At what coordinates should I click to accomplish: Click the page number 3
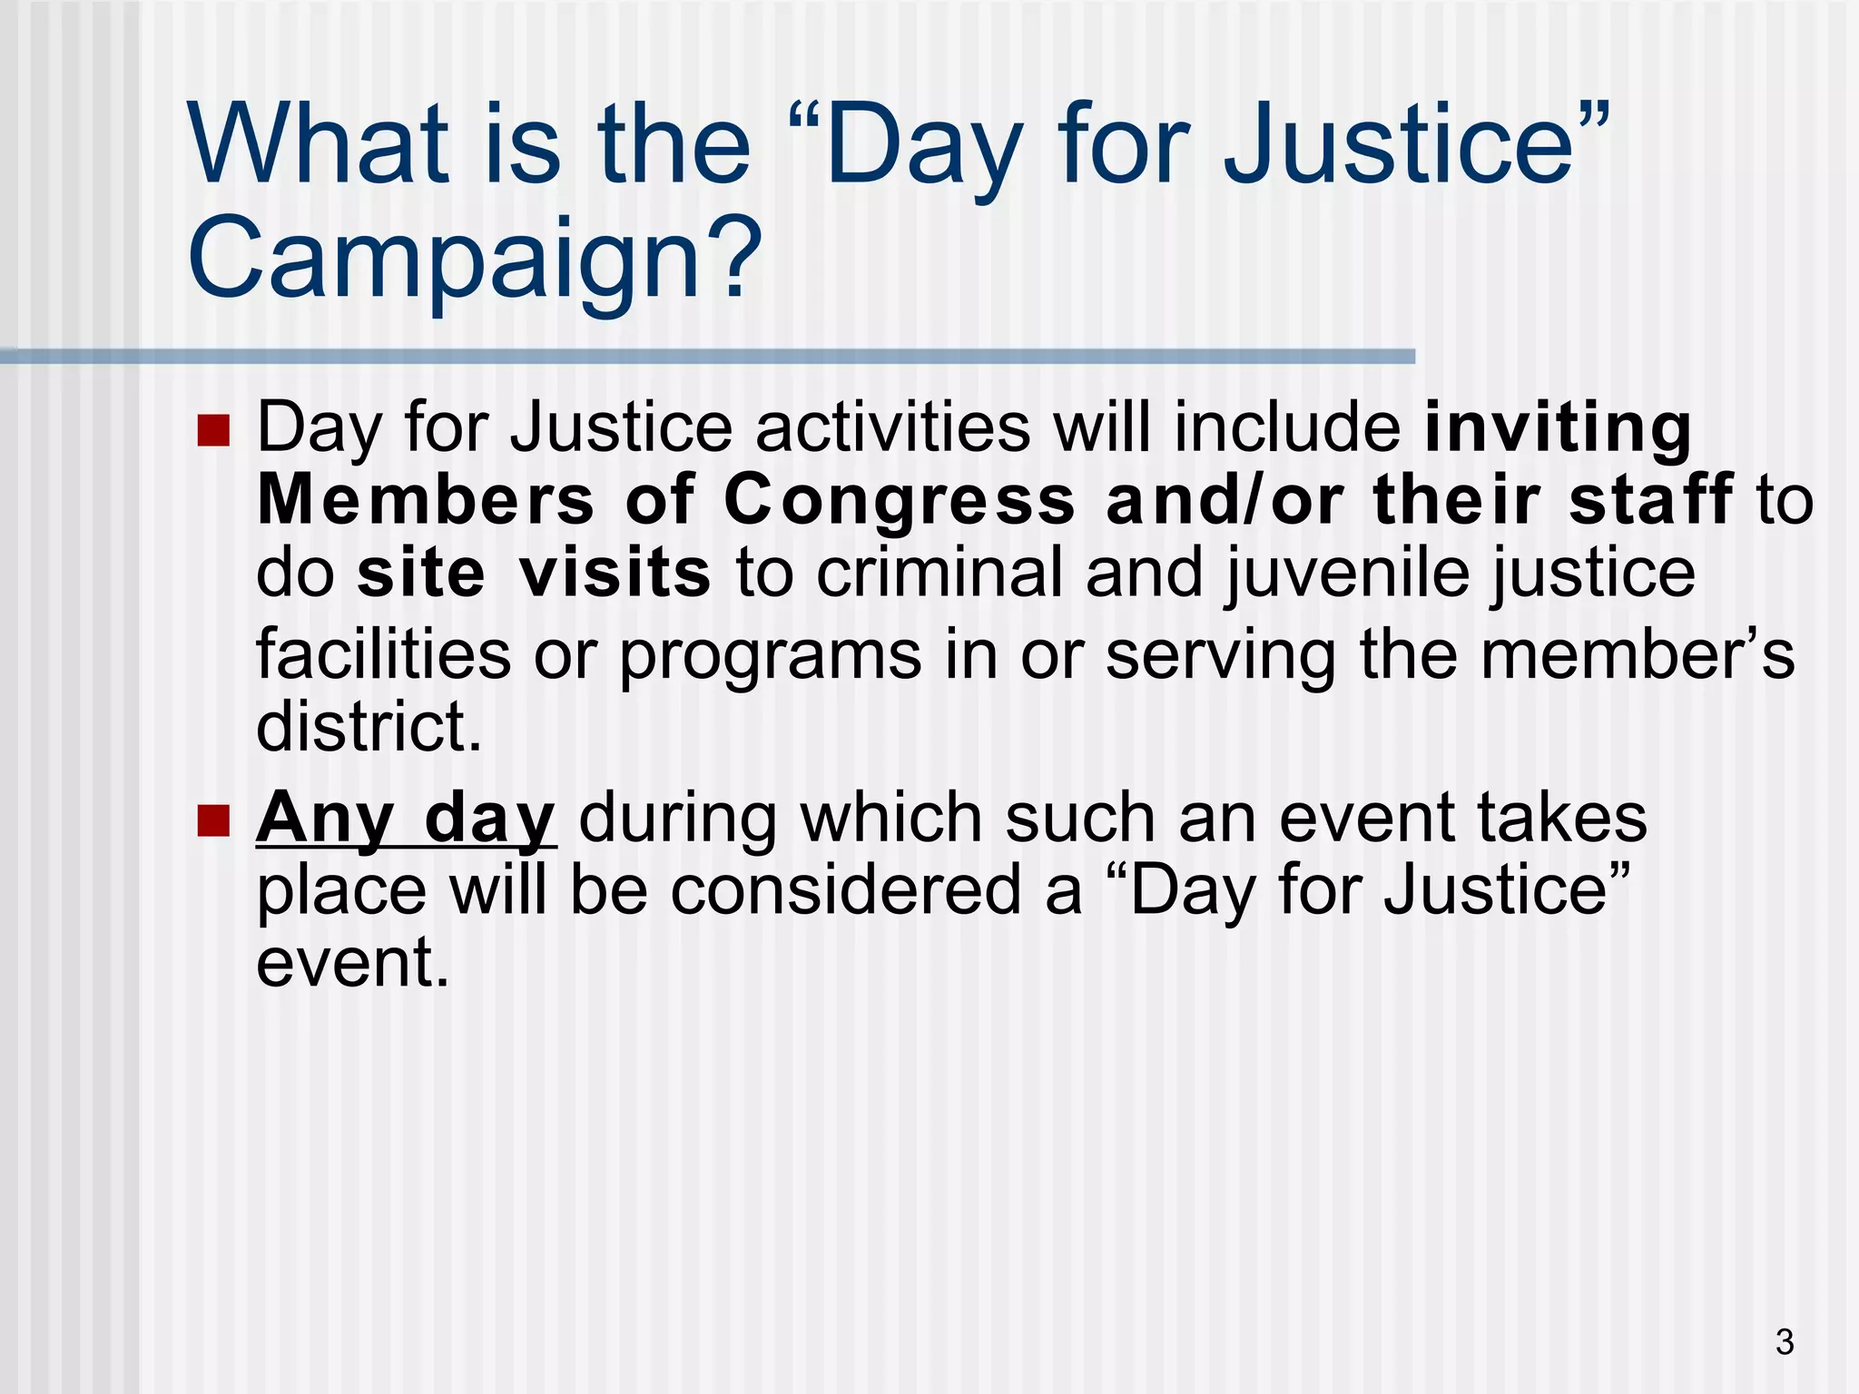click(x=1785, y=1342)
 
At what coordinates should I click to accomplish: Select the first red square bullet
click(x=213, y=430)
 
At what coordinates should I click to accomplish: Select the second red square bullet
click(x=213, y=820)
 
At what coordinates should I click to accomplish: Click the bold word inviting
click(x=1558, y=428)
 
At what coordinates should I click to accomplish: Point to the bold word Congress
click(x=899, y=502)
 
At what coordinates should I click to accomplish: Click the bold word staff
click(x=1649, y=500)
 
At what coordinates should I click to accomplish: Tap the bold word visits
click(x=615, y=574)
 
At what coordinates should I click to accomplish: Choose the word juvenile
click(x=1351, y=575)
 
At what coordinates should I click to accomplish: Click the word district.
click(x=369, y=727)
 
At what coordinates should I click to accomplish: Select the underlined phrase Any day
click(x=405, y=819)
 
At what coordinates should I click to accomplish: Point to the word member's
click(x=1638, y=654)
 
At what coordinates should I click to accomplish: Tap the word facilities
click(x=383, y=654)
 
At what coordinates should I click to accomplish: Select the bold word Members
click(x=426, y=501)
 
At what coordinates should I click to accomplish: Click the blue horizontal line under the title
click(x=708, y=357)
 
